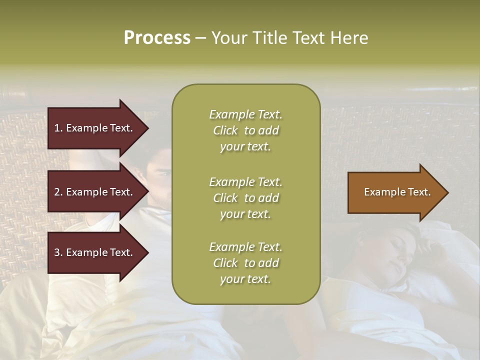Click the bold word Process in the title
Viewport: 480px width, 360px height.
157,38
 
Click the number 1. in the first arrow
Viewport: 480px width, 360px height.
58,128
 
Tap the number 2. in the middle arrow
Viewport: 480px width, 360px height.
58,192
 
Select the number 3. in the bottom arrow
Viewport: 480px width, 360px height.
58,252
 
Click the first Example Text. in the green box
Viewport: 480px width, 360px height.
245,114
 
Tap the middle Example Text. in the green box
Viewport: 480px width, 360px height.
245,181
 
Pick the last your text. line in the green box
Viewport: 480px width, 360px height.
245,279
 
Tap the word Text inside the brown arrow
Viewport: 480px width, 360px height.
419,192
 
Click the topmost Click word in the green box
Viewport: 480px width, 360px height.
225,130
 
